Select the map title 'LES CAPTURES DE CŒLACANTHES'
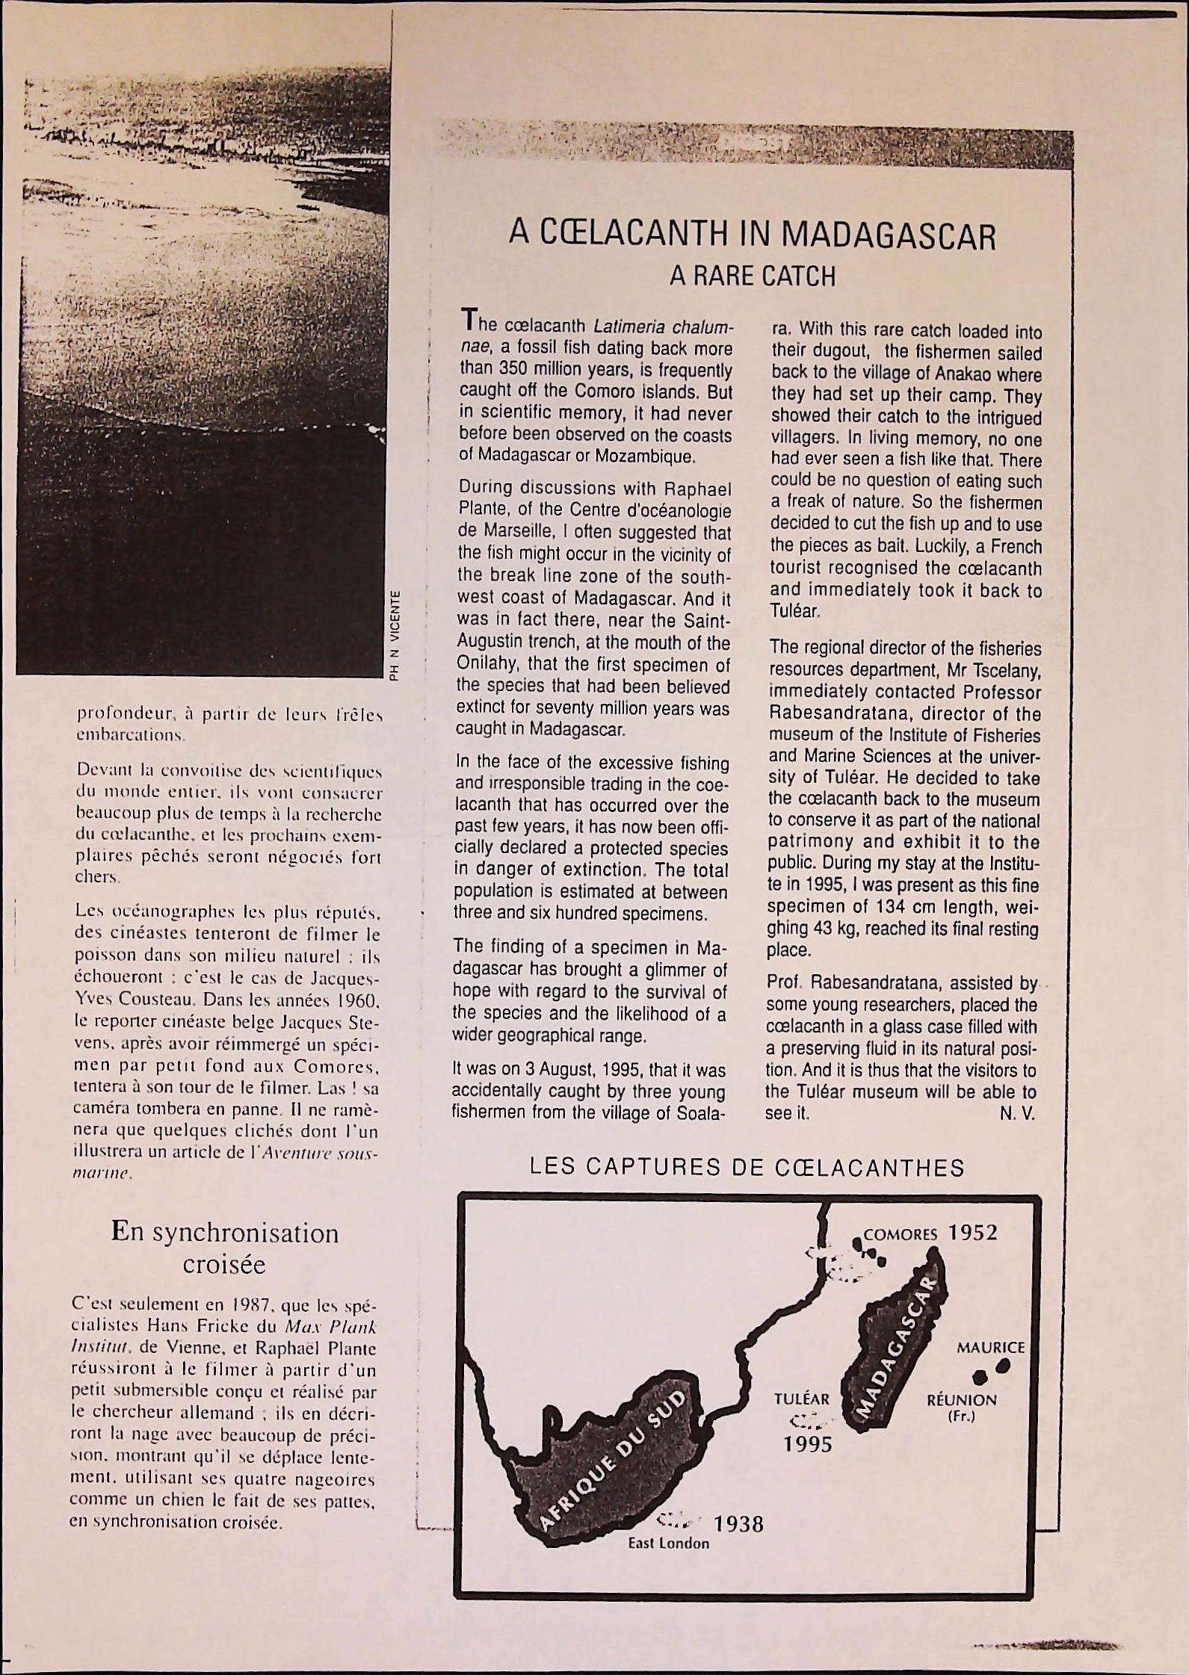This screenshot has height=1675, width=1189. click(747, 1168)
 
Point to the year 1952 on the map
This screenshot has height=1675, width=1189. click(972, 1233)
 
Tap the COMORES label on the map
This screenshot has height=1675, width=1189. click(900, 1234)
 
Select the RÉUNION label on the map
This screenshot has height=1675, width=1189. click(961, 1400)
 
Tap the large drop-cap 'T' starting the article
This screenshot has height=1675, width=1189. click(468, 322)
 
